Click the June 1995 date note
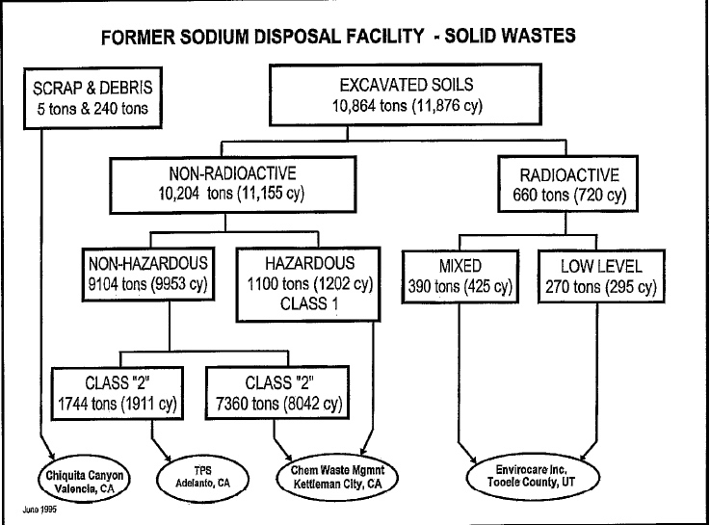39,510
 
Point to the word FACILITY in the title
384,36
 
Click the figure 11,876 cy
447,106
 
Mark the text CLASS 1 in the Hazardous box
309,303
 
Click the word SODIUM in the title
215,38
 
